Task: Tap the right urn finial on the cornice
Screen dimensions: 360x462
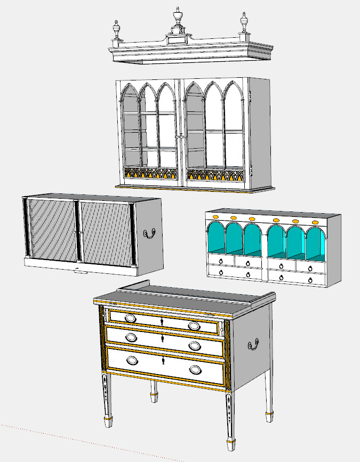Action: pos(244,23)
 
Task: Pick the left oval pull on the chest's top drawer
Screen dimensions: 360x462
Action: pos(131,318)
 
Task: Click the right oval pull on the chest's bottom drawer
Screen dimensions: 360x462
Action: pos(196,370)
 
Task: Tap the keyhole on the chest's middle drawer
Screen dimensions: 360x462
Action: pos(163,339)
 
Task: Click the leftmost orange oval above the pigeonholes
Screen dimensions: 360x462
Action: pos(215,217)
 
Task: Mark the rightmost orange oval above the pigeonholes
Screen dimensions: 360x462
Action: pos(315,222)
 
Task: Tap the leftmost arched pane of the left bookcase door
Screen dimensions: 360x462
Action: pos(130,128)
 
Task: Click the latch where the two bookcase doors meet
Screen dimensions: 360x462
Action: pos(181,136)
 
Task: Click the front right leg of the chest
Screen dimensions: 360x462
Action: pos(230,421)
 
